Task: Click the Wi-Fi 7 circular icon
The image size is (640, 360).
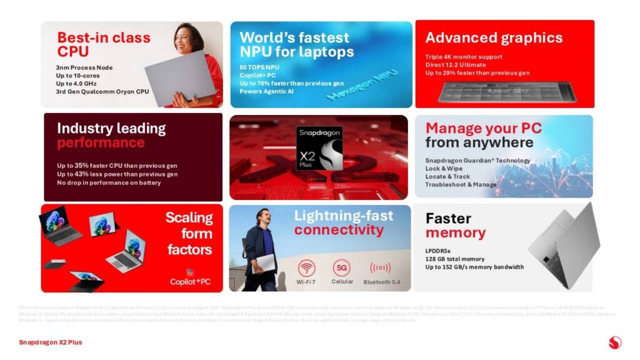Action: tap(306, 268)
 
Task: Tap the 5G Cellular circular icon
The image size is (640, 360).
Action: tap(341, 268)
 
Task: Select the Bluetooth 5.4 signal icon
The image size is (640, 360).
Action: tap(380, 268)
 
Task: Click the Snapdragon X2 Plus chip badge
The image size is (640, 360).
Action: tap(319, 148)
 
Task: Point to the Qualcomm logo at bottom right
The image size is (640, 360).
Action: tap(614, 342)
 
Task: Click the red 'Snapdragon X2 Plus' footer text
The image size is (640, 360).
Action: tap(50, 342)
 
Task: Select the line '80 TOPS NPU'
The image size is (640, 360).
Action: tap(260, 67)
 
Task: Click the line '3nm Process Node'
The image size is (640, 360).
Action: tap(84, 67)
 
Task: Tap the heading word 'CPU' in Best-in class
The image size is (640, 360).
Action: tap(73, 51)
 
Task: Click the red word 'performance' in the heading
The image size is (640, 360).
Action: tap(101, 143)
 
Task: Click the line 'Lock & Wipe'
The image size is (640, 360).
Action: tap(445, 169)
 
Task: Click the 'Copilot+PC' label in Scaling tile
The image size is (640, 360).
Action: tap(191, 282)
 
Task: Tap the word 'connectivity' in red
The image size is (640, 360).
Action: tap(339, 230)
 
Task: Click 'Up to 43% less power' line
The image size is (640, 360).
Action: tap(117, 174)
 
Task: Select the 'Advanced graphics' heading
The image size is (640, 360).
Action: tap(494, 37)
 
